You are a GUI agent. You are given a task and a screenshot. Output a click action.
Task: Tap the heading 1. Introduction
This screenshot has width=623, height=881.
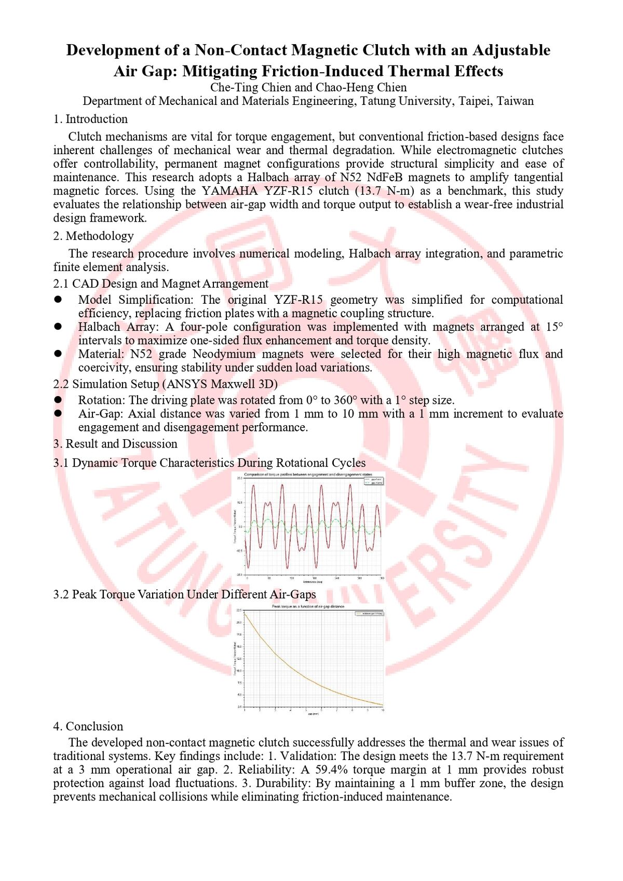[90, 119]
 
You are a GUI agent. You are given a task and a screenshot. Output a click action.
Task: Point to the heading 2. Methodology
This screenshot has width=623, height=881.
[93, 236]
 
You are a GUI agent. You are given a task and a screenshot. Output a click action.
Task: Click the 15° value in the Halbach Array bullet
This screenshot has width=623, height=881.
[554, 327]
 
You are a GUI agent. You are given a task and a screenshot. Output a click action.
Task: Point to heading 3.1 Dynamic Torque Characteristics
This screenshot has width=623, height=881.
[209, 463]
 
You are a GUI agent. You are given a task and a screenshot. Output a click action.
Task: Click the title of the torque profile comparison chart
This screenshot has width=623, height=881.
[308, 475]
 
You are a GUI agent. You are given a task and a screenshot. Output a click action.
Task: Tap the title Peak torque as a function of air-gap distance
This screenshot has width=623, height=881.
[308, 606]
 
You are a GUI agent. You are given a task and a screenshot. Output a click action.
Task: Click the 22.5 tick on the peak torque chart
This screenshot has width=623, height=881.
[239, 610]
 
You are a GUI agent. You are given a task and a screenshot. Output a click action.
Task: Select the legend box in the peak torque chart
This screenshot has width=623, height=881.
[369, 614]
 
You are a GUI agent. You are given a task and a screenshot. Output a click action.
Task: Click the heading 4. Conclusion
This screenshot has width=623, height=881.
[88, 726]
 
